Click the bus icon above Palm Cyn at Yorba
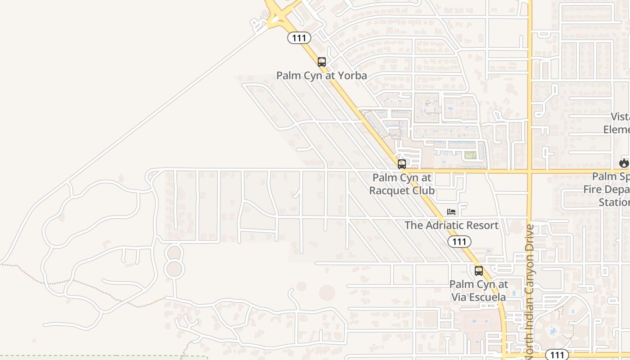click(x=321, y=62)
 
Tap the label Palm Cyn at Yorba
click(x=321, y=76)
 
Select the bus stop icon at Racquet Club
click(x=402, y=164)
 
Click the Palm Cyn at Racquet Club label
click(x=402, y=184)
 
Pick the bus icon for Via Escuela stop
click(x=479, y=271)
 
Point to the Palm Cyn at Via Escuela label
click(x=479, y=291)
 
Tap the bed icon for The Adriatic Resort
click(x=451, y=212)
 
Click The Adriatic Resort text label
click(x=451, y=225)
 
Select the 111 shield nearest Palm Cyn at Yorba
click(x=299, y=38)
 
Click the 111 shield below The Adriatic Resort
click(x=459, y=242)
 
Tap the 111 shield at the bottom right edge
click(x=557, y=355)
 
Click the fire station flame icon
click(x=624, y=163)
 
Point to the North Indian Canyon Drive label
click(x=530, y=290)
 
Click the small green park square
click(x=470, y=155)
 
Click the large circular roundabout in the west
click(x=174, y=269)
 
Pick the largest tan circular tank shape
click(x=327, y=293)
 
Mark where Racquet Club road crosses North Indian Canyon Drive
click(x=530, y=171)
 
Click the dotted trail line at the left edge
click(x=27, y=272)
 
